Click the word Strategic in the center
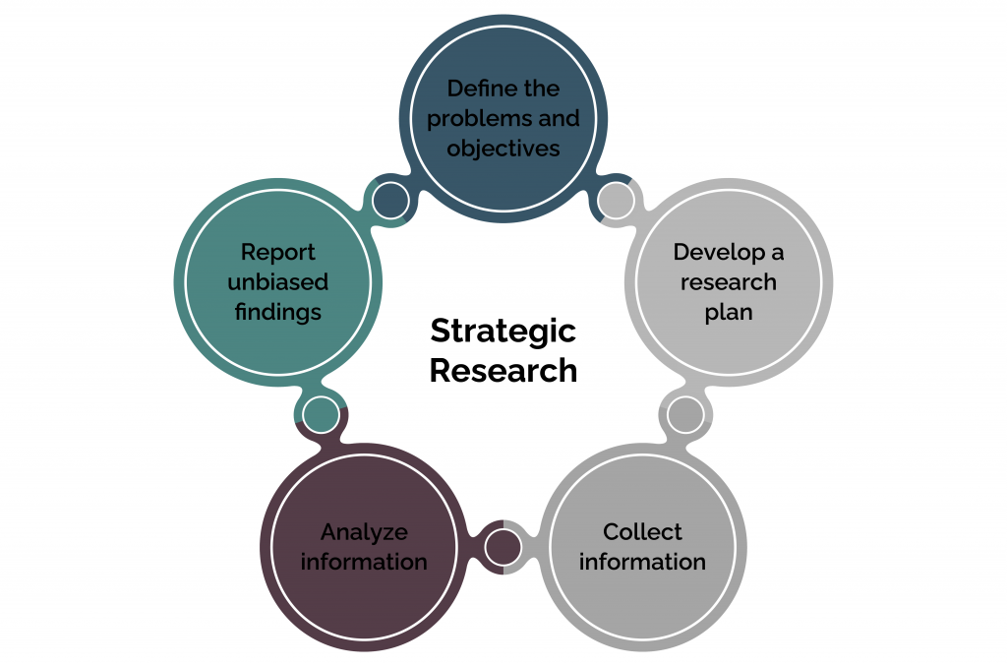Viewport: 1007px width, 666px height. (x=503, y=333)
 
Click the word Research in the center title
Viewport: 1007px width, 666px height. (x=503, y=371)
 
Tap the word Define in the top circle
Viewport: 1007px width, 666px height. (x=475, y=88)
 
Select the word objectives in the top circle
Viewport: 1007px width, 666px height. (x=503, y=149)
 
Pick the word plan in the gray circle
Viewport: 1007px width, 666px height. (x=729, y=313)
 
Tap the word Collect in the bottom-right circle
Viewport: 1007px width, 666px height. (x=642, y=532)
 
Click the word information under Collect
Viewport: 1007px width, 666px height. (x=642, y=562)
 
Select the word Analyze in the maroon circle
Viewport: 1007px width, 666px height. (x=364, y=532)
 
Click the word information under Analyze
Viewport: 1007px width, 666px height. (x=364, y=562)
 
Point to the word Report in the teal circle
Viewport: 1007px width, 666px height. (x=278, y=253)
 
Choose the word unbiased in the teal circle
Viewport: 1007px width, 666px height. (x=278, y=282)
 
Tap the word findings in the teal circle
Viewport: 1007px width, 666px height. (x=278, y=312)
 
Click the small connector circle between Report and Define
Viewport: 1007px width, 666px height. (x=390, y=201)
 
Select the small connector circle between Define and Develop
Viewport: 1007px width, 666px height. (x=617, y=201)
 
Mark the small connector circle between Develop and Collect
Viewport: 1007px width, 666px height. (x=685, y=415)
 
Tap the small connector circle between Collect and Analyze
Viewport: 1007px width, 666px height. (x=503, y=548)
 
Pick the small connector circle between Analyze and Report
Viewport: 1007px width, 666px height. (x=321, y=415)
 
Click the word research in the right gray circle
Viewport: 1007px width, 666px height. (x=729, y=282)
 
